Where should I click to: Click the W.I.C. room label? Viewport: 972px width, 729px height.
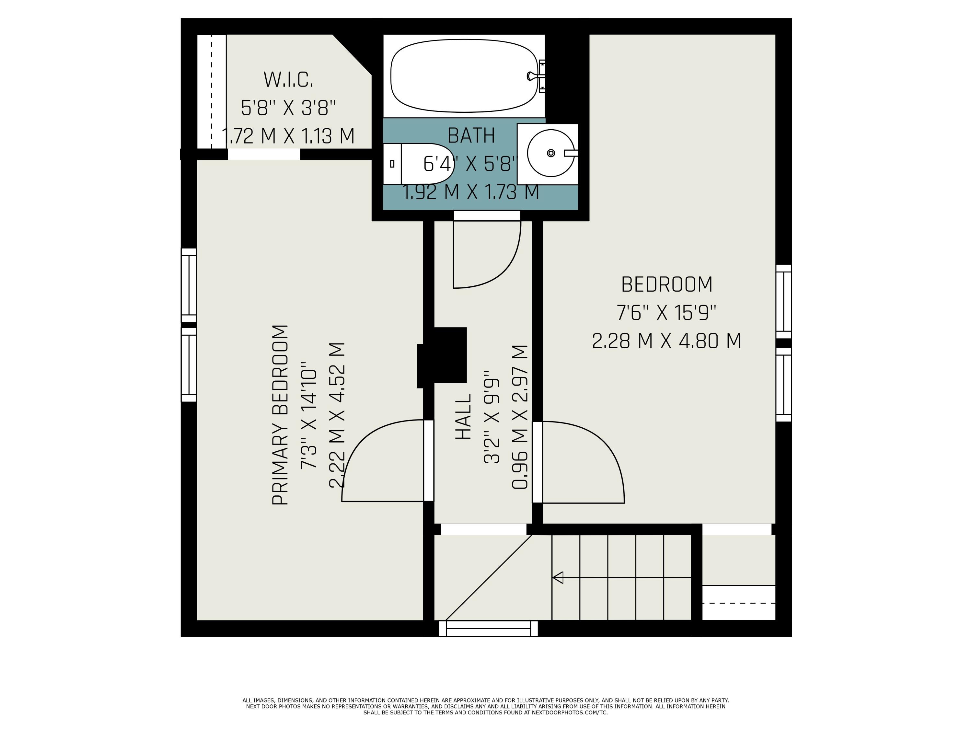pyautogui.click(x=288, y=79)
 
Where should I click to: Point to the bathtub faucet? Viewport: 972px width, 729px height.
pyautogui.click(x=537, y=76)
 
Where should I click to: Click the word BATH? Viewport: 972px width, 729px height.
pyautogui.click(x=471, y=135)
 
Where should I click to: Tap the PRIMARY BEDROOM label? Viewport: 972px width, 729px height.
pyautogui.click(x=280, y=415)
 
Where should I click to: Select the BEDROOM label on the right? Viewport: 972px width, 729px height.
pyautogui.click(x=666, y=284)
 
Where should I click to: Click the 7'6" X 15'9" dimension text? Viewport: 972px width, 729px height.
pyautogui.click(x=666, y=313)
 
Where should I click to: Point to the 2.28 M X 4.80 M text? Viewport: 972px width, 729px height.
pyautogui.click(x=666, y=341)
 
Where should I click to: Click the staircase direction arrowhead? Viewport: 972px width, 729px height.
pyautogui.click(x=558, y=577)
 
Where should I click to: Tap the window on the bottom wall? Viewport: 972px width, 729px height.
pyautogui.click(x=488, y=628)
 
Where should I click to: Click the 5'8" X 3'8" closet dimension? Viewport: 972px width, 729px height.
pyautogui.click(x=288, y=108)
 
